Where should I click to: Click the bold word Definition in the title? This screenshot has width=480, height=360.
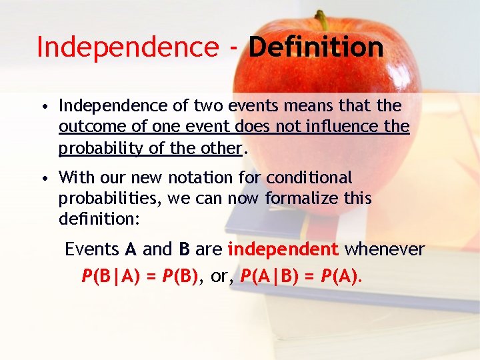[316, 47]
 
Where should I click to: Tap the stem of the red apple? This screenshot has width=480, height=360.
[323, 20]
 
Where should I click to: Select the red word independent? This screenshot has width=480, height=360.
[283, 249]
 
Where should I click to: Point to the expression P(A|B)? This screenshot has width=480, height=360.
[274, 275]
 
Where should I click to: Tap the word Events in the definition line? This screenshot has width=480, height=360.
[92, 249]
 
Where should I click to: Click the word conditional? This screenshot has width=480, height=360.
[309, 178]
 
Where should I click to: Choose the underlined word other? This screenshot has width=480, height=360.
[219, 148]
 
